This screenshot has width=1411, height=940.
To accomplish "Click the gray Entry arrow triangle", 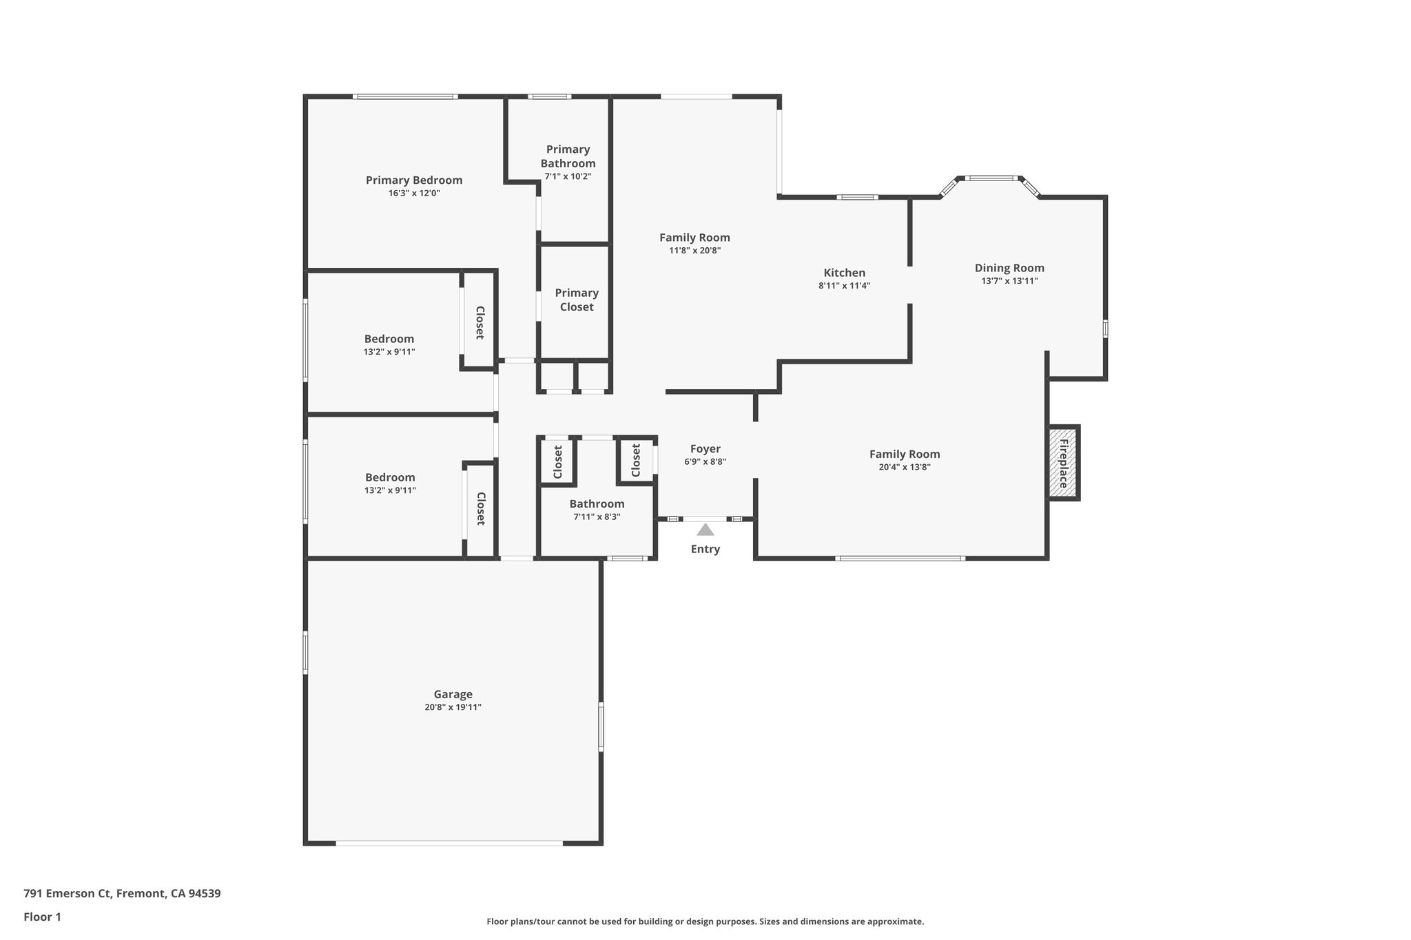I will pos(705,530).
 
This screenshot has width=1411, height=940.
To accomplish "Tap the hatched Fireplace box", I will pos(1062,463).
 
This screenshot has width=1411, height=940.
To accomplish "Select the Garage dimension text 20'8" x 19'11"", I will pos(453,707).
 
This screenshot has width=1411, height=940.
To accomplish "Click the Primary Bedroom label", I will pos(414,180).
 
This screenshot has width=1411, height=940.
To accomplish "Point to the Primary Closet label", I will pos(577,300).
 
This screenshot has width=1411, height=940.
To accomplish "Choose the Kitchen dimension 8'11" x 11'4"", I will pos(844,286).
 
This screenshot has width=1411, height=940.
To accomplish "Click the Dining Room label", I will pos(1009,268).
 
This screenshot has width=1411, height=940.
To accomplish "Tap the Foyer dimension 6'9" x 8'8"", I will pos(705,462).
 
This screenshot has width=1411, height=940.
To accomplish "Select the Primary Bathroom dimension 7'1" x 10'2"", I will pos(568,176).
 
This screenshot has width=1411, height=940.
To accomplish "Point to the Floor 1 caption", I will pos(42,917).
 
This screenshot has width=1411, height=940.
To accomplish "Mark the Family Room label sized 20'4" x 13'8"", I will pos(904,454).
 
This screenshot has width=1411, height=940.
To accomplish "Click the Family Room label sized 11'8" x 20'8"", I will pos(694,238).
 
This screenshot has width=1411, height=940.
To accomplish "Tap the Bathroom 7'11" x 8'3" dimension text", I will pos(597,516).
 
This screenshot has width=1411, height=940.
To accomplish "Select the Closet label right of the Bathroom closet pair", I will pos(635,460).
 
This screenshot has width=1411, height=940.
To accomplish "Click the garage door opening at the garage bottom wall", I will pos(449,842).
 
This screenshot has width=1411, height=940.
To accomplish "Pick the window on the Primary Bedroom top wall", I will pos(405,96).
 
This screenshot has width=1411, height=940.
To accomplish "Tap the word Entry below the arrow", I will pos(705,549).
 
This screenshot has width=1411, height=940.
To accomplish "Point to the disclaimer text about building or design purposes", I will pos(705,921).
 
